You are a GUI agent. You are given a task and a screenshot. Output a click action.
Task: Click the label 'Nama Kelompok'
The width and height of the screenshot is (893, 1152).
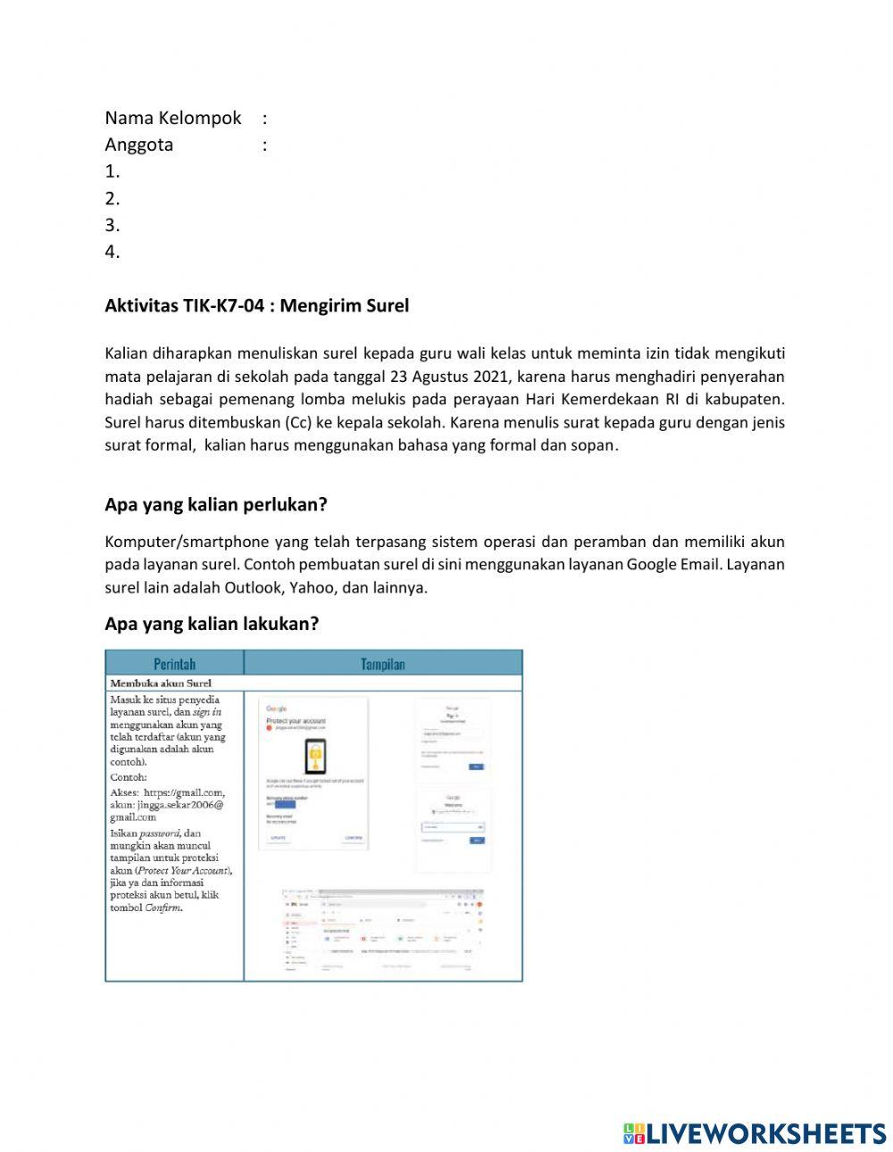[x=173, y=118]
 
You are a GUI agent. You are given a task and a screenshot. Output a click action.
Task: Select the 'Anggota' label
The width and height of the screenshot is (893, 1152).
[x=138, y=145]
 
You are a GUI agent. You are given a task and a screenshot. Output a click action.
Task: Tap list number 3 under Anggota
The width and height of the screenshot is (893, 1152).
[x=112, y=225]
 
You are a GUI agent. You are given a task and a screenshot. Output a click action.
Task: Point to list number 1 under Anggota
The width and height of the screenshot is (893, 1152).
[x=112, y=171]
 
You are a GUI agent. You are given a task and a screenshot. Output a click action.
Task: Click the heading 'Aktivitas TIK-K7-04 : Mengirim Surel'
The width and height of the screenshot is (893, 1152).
[x=256, y=306]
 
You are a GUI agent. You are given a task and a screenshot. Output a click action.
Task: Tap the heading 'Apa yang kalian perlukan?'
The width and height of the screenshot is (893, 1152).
[x=216, y=505]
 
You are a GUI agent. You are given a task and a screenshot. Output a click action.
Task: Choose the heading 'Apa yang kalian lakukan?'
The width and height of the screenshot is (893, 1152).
[x=212, y=624]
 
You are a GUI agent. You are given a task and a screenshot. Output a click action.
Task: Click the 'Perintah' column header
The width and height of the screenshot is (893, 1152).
[x=174, y=663]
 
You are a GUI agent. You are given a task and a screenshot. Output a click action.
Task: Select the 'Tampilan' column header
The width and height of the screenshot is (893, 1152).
[x=382, y=663]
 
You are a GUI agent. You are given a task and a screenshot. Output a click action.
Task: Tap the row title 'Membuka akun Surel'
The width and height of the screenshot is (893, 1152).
[x=161, y=684]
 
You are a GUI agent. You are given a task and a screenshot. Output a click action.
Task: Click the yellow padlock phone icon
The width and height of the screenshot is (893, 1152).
[x=314, y=757]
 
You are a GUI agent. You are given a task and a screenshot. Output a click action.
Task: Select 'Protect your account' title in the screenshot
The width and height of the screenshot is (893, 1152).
[x=296, y=720]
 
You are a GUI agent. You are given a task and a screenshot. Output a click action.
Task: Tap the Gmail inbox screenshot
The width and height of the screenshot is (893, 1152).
[x=383, y=933]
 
